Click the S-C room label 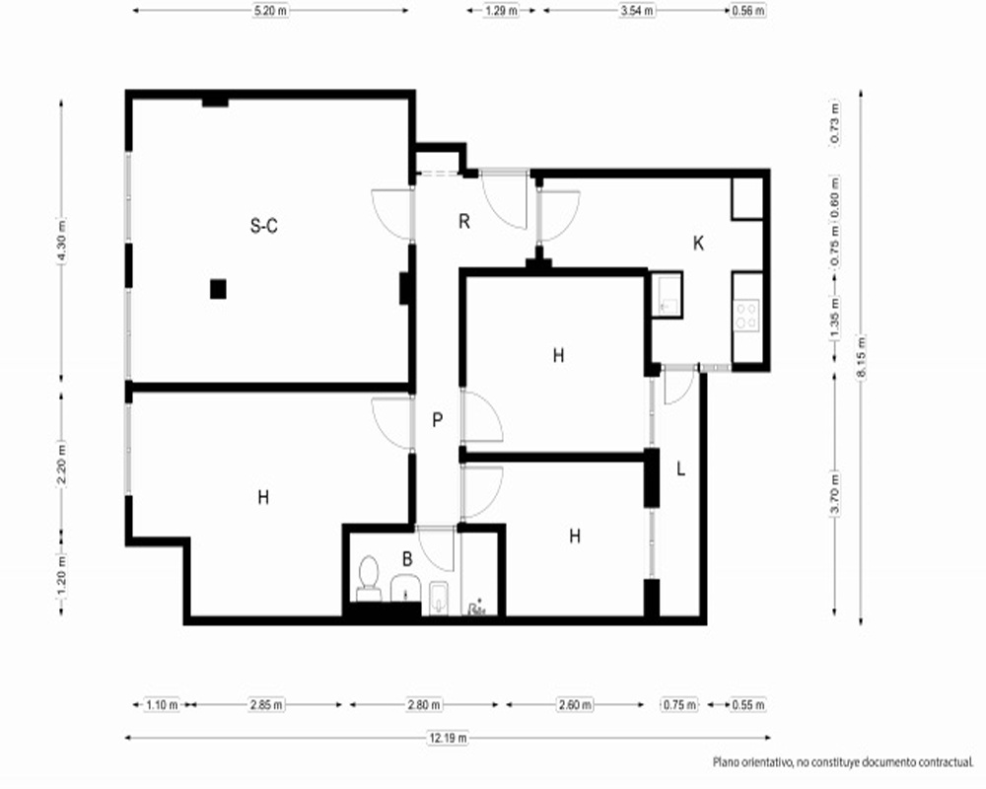pos(264,225)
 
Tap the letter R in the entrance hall pos(464,222)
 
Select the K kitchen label pos(698,243)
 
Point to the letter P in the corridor pos(438,420)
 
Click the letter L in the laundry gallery pos(680,468)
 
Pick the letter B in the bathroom pos(407,559)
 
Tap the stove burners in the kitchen pos(747,316)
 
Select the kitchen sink pos(667,295)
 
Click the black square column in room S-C pos(218,289)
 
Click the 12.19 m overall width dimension pos(448,738)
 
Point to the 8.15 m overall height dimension pos(861,357)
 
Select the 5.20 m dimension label pos(270,11)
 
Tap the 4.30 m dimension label pos(61,240)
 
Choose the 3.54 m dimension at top pos(636,11)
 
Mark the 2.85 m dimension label pos(266,705)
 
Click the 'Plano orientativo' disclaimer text pos(843,762)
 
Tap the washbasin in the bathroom pos(405,587)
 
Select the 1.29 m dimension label pos(501,11)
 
